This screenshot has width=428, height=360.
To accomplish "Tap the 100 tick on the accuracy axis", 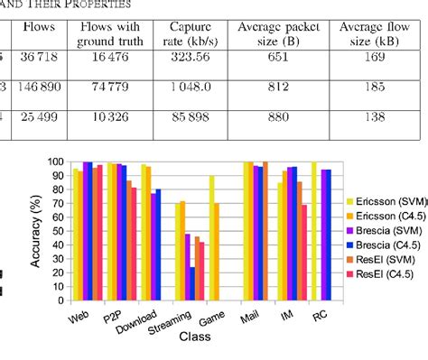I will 56,162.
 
